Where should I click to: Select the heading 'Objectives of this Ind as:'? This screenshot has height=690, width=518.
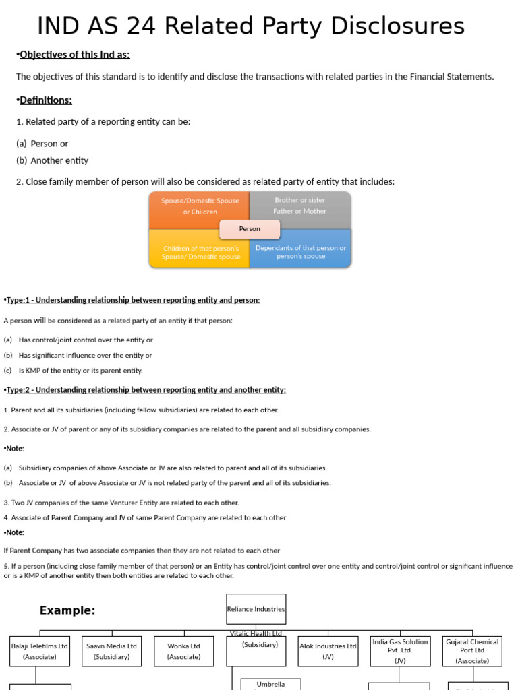click(x=75, y=55)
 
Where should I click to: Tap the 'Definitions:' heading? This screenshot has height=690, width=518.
click(x=46, y=100)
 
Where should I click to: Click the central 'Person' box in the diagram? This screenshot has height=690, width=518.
click(x=250, y=229)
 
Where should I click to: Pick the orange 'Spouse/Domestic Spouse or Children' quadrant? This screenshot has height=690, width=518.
click(x=200, y=206)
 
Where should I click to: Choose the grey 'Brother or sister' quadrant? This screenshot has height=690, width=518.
click(x=300, y=206)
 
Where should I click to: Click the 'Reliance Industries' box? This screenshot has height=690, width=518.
click(x=256, y=609)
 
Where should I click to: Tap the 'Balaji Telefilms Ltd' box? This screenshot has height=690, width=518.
click(x=40, y=651)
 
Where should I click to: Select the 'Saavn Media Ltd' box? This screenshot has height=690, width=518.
click(x=112, y=651)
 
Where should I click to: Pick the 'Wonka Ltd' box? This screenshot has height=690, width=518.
click(x=184, y=651)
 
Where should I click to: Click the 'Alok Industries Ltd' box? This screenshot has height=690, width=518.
click(x=328, y=651)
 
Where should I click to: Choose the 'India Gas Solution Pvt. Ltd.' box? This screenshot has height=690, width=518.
click(x=400, y=651)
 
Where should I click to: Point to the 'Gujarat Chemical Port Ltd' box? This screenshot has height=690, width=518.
click(x=472, y=651)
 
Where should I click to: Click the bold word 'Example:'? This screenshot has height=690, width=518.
click(x=67, y=610)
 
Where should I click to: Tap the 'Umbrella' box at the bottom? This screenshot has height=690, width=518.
click(x=270, y=684)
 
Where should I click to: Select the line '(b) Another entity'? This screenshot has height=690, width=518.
click(x=53, y=161)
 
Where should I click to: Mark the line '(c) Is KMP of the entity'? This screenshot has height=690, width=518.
click(x=74, y=371)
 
